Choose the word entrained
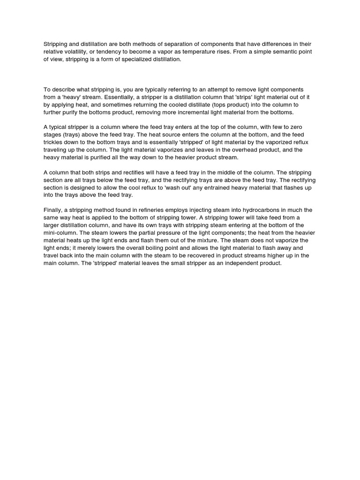pos(214,187)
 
